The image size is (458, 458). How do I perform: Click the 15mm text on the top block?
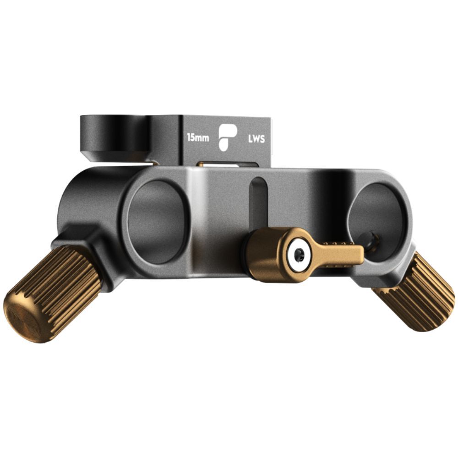coord(198,137)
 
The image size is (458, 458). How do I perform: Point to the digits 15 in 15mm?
coord(191,137)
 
